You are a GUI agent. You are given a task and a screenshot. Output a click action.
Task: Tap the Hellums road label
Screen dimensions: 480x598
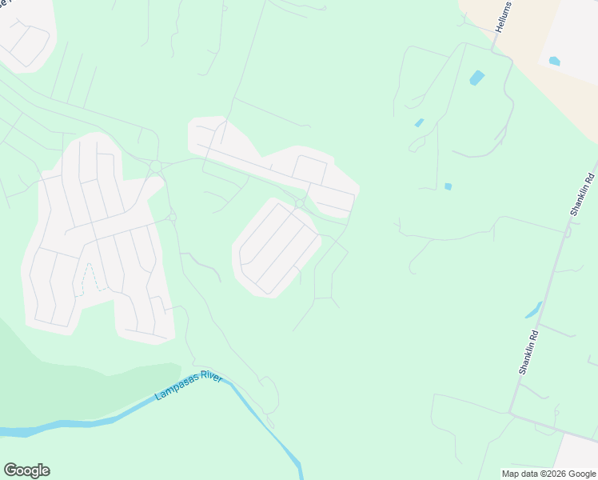(x=502, y=15)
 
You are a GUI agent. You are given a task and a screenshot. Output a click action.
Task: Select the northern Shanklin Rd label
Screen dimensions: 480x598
(x=582, y=194)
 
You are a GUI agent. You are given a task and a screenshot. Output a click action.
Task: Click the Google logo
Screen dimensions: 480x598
(x=26, y=470)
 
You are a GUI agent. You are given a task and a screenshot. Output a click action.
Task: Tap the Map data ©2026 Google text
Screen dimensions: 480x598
(x=549, y=474)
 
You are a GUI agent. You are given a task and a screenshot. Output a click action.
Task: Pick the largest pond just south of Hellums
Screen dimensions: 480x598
(x=476, y=78)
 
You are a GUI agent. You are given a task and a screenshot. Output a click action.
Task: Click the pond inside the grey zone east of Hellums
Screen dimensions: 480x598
(x=554, y=61)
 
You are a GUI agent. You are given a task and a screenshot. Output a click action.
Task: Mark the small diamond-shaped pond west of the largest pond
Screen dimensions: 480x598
(x=419, y=123)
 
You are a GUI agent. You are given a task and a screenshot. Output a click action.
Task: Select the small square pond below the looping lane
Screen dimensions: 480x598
(x=448, y=186)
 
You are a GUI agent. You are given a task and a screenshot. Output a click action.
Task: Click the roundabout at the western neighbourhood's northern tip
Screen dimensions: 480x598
(x=155, y=166)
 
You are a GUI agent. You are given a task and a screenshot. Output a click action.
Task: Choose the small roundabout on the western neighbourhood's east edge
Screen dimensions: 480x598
(x=172, y=217)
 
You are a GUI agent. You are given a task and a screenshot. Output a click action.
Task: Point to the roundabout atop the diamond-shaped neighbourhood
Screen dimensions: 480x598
(x=299, y=204)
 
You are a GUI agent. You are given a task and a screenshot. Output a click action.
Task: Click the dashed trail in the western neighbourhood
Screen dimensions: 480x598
(x=94, y=276)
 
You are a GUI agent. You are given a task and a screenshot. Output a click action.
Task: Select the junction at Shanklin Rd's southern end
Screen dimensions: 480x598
(x=510, y=413)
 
